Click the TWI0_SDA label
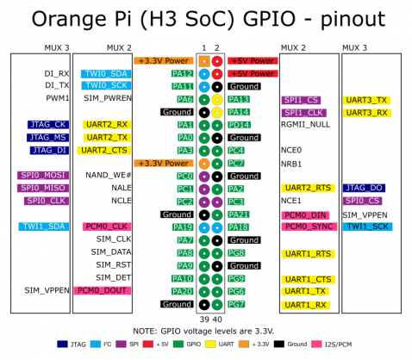[106, 74]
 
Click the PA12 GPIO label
[182, 74]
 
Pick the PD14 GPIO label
[239, 125]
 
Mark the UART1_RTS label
[308, 253]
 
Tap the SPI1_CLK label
[303, 112]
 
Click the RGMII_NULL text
[305, 125]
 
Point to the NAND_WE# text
[108, 176]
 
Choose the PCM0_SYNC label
[308, 227]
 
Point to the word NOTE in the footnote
[147, 331]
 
